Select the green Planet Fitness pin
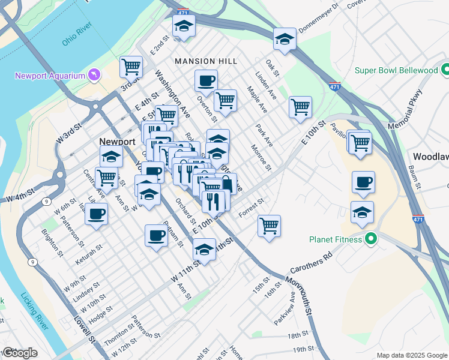click(370, 239)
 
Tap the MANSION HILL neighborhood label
click(206, 61)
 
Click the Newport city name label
click(117, 142)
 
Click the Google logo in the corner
click(20, 353)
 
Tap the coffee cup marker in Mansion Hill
click(206, 81)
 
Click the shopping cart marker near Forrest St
click(270, 226)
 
